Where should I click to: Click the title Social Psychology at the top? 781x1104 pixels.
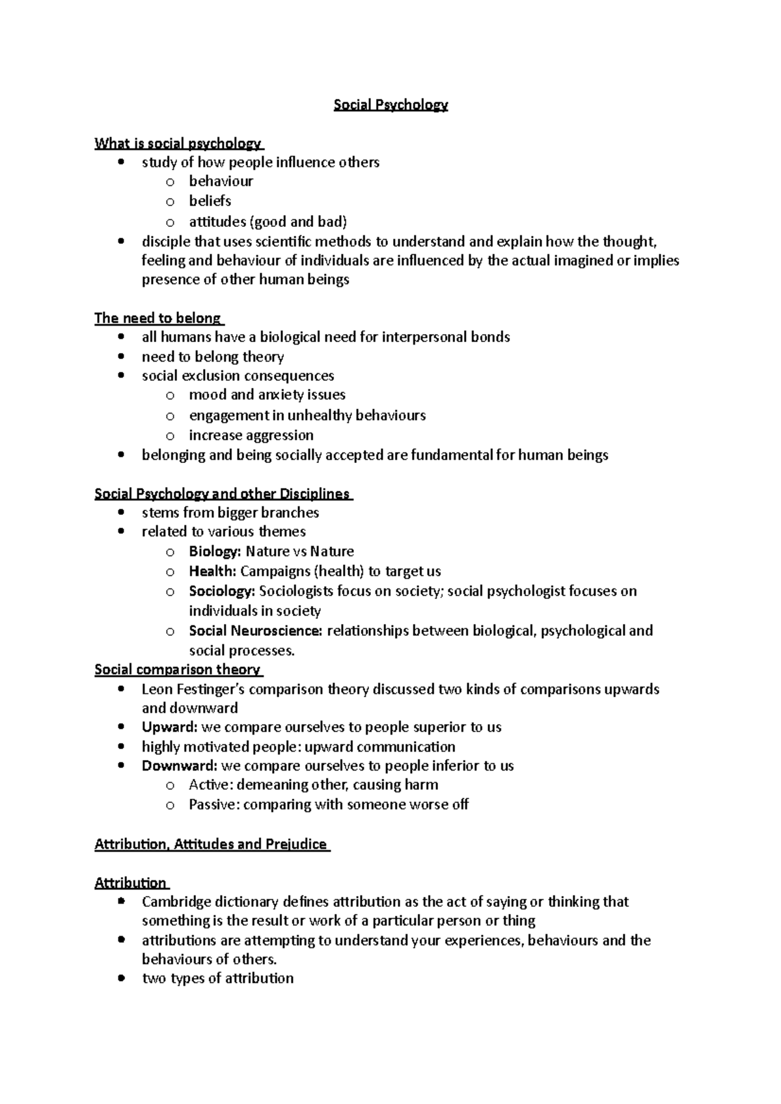pos(390,105)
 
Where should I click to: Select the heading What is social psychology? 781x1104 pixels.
pos(178,143)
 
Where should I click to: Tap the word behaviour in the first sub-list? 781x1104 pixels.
pos(221,181)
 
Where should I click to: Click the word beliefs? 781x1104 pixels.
pos(210,201)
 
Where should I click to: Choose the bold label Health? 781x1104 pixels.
pos(212,572)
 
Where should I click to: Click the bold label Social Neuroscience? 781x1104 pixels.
pos(255,631)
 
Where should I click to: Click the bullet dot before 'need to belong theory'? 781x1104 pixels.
pos(121,357)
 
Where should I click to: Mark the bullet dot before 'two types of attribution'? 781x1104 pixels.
pos(121,979)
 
